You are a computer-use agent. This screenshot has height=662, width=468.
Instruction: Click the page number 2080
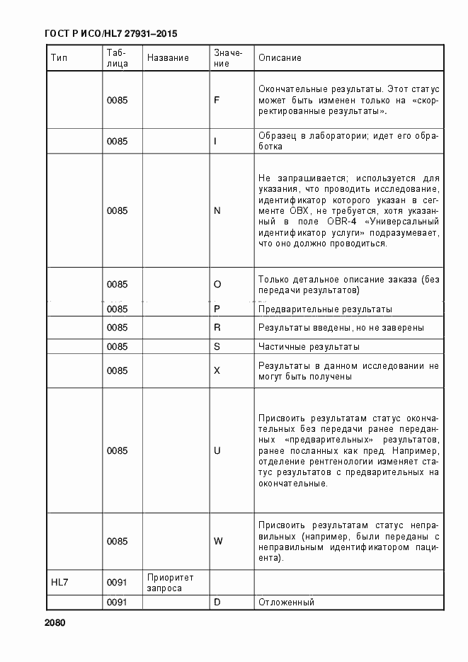click(x=54, y=624)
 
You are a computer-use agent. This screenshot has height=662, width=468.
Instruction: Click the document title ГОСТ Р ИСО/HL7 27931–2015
click(x=110, y=33)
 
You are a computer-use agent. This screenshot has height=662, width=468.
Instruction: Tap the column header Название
click(x=168, y=58)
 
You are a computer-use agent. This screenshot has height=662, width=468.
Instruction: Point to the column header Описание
click(x=280, y=58)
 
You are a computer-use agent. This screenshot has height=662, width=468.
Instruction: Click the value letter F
click(x=217, y=101)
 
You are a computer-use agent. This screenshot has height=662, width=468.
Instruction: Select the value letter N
click(x=217, y=211)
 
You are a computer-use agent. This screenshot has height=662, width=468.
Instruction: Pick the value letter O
click(x=217, y=285)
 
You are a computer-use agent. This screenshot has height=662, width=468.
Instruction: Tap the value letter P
click(x=217, y=309)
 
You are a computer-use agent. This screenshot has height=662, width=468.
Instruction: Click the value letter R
click(x=217, y=328)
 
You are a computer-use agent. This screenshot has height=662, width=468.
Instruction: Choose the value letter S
click(x=217, y=347)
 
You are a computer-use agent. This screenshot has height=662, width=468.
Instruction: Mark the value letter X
click(x=217, y=371)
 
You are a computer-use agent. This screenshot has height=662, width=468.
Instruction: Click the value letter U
click(x=217, y=451)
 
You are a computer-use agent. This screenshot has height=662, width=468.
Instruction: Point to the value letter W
click(x=218, y=542)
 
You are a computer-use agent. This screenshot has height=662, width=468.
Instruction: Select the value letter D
click(x=217, y=603)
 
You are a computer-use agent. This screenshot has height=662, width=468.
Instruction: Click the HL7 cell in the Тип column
click(x=60, y=583)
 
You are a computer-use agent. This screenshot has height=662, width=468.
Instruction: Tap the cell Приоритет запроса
click(x=170, y=583)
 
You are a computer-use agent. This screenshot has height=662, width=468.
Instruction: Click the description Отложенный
click(x=286, y=603)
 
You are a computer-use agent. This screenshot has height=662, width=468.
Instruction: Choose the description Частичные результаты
click(x=309, y=347)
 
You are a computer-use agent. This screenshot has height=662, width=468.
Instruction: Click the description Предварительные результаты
click(x=325, y=309)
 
